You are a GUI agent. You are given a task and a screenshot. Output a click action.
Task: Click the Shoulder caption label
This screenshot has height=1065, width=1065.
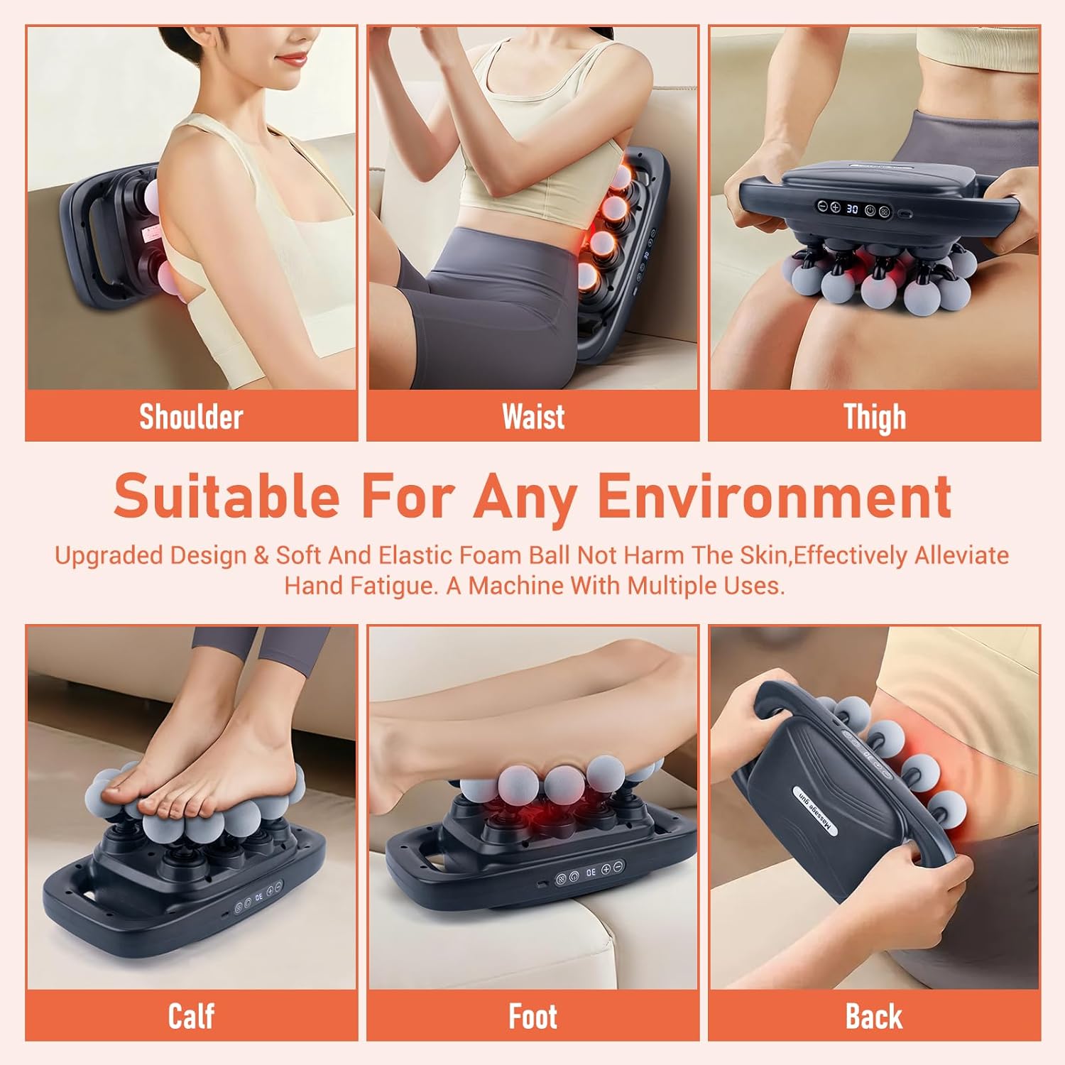[191, 417]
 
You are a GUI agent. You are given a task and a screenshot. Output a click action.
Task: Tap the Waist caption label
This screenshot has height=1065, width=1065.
[533, 417]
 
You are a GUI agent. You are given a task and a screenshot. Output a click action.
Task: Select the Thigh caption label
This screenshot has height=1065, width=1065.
[875, 417]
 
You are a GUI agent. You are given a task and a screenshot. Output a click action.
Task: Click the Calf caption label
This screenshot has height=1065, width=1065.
[191, 1016]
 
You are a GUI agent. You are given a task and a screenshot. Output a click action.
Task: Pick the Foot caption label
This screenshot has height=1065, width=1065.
[533, 1016]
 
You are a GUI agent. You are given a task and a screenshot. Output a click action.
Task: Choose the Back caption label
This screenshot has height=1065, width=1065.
[874, 1016]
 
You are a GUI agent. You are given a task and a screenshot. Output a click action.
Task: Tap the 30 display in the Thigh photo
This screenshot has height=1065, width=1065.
[852, 209]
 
